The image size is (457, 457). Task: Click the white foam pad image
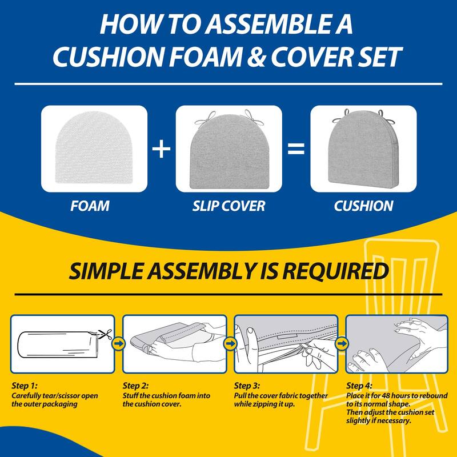coord(94,150)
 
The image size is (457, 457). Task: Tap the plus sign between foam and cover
coord(162,150)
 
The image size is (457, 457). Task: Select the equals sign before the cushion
coord(295,150)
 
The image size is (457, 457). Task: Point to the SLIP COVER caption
coord(228,206)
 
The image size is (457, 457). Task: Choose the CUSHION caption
coord(363,206)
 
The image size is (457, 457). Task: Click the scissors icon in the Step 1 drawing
coord(103,334)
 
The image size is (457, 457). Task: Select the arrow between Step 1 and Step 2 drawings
coord(119,344)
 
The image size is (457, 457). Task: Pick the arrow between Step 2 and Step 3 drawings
coord(230,344)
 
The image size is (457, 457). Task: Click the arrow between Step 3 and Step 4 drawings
coord(342,344)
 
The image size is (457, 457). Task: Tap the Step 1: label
coord(26,386)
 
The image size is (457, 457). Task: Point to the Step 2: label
coord(138,386)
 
